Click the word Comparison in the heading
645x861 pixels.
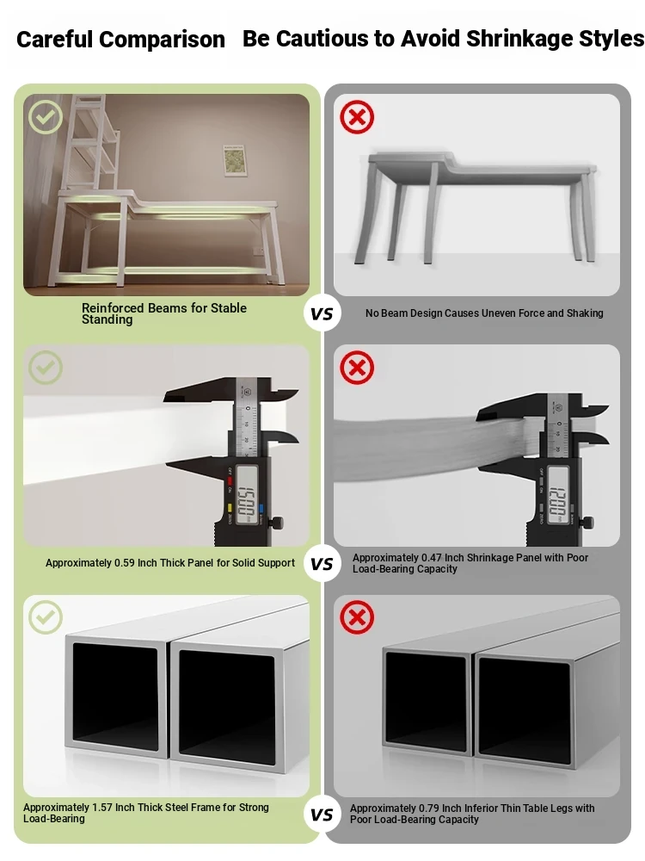pos(162,40)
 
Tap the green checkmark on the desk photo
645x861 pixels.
pos(46,117)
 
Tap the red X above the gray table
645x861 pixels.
pos(357,117)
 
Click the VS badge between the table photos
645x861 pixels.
pos(322,313)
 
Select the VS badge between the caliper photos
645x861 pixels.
pos(322,564)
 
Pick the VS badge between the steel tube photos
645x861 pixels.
pos(322,815)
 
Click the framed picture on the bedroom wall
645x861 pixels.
pos(236,160)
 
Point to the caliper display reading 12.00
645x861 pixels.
pos(558,500)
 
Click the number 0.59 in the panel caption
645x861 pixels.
pos(124,563)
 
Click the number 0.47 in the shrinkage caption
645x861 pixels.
pos(431,557)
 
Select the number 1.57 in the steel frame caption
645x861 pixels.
pos(102,808)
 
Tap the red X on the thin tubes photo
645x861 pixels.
pos(357,617)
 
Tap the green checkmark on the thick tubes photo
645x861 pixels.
pos(46,617)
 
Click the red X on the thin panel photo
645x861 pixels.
pos(357,368)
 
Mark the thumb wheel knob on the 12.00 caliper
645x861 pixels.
pos(588,523)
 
